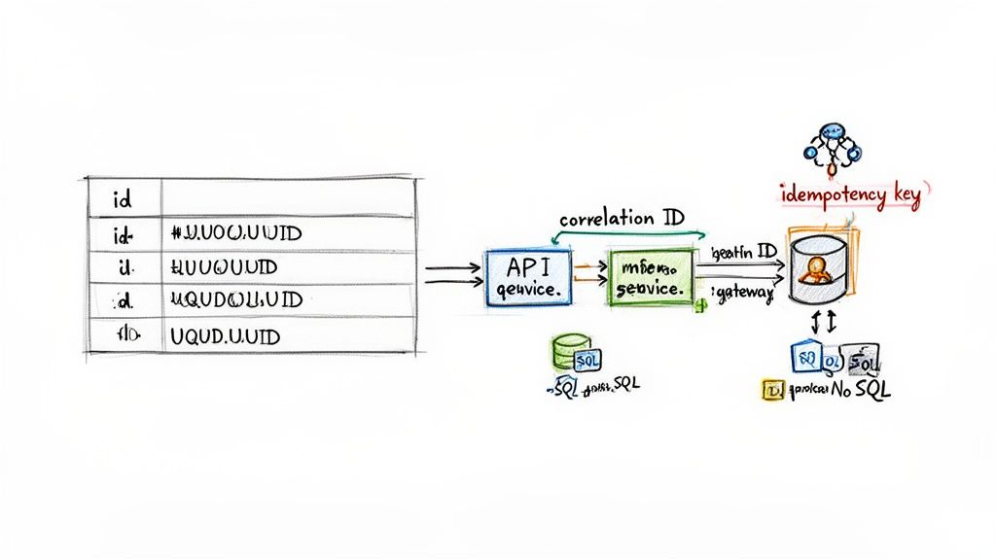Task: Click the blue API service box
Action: click(x=527, y=277)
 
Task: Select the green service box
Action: click(x=651, y=277)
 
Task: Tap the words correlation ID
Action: click(x=622, y=218)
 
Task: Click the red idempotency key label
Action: click(x=850, y=194)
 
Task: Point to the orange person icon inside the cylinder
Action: click(x=815, y=269)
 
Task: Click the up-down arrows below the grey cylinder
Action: click(x=820, y=320)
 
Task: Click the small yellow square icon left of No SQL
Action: click(x=774, y=390)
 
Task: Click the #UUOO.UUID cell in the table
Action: click(x=236, y=233)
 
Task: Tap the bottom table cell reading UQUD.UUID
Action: click(x=225, y=337)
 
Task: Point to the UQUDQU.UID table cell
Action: click(x=236, y=300)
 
